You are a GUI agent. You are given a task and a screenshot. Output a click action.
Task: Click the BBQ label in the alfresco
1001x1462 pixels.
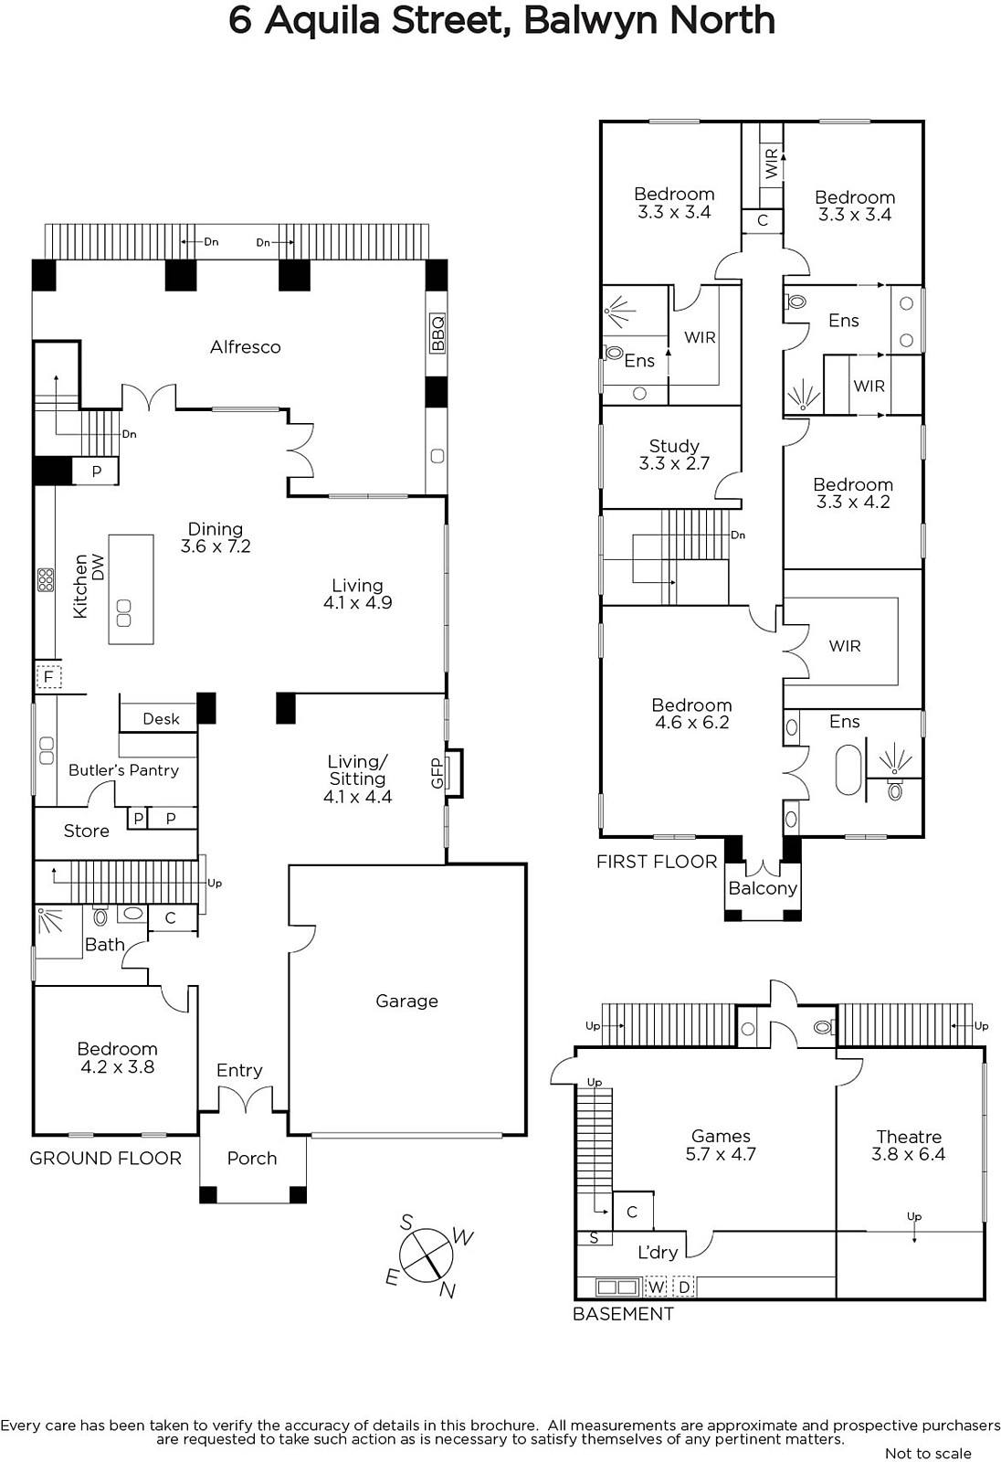point(437,333)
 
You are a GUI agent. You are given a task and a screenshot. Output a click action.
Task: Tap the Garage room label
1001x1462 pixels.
point(406,1001)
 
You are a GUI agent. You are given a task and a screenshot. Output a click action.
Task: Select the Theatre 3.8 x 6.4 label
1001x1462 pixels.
point(909,1146)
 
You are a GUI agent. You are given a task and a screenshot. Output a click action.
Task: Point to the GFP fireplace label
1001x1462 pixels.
point(437,773)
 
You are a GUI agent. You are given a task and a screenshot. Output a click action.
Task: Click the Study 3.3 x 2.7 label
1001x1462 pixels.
point(674,454)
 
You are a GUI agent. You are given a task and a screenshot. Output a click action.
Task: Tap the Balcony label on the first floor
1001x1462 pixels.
point(763,888)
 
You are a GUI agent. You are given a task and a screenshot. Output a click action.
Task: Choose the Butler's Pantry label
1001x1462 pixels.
point(123,770)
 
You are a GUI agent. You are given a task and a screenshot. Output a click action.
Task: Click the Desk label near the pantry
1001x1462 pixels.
point(161,718)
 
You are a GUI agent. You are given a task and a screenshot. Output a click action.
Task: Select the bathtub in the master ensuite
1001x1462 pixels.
point(848,769)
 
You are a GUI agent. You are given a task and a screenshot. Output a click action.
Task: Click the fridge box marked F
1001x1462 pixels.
point(48,677)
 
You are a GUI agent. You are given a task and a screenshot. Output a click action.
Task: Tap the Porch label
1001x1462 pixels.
point(252,1158)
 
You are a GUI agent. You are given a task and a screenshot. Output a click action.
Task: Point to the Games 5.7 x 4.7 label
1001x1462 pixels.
point(721,1145)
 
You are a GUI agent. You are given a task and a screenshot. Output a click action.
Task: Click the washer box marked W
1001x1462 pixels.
point(657,1287)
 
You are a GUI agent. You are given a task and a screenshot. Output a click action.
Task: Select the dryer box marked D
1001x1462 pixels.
point(684,1287)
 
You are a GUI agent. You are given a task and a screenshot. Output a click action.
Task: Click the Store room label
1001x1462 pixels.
point(86,831)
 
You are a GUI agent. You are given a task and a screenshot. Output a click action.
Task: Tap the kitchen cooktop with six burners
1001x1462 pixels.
point(46,579)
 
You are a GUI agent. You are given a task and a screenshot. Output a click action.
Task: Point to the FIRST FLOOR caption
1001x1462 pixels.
point(657,862)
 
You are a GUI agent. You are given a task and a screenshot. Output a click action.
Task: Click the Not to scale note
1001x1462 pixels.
point(928,1453)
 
